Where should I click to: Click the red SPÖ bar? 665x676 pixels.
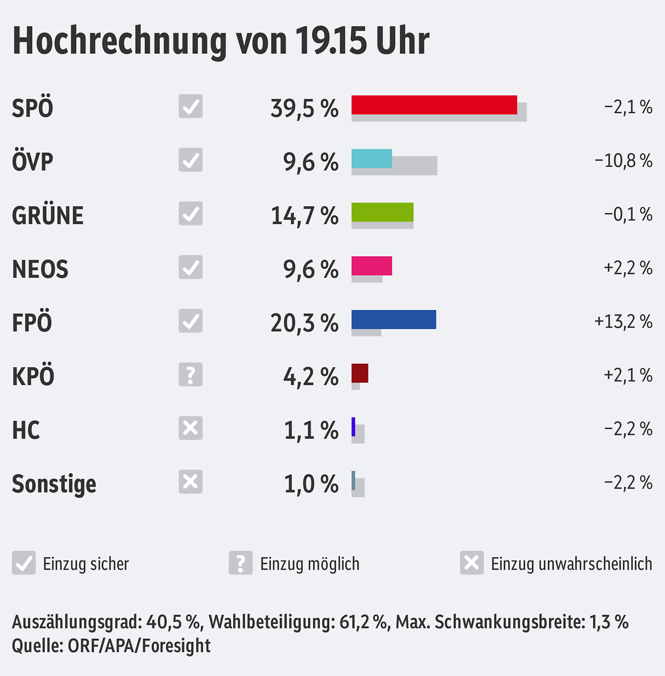(x=434, y=105)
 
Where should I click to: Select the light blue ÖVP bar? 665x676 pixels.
(x=371, y=159)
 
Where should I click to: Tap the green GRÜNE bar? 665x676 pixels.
(x=382, y=212)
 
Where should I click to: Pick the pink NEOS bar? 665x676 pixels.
(x=371, y=266)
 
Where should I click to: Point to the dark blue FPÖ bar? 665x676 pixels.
(x=393, y=319)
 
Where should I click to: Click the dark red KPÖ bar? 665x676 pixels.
(x=360, y=373)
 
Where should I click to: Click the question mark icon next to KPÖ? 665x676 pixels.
(x=191, y=375)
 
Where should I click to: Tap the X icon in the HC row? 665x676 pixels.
(x=191, y=428)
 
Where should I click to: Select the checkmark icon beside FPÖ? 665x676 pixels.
(x=191, y=321)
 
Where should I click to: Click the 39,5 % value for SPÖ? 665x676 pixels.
(x=304, y=108)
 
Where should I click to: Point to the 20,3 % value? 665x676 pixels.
(x=304, y=323)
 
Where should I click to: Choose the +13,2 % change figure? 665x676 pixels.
(x=623, y=322)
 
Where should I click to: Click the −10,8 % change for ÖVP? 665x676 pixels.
(x=623, y=161)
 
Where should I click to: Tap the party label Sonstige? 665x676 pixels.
(x=54, y=484)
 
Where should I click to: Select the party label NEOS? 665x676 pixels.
(x=40, y=270)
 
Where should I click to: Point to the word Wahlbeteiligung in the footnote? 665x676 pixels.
(x=272, y=622)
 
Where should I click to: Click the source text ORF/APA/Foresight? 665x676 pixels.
(x=139, y=646)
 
